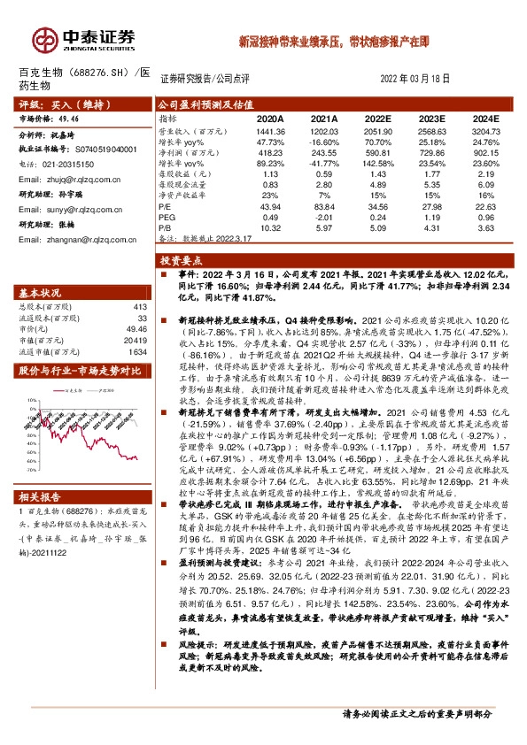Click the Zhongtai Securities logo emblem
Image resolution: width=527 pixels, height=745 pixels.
pyautogui.click(x=44, y=38)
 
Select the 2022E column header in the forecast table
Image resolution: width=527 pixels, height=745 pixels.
pyautogui.click(x=378, y=117)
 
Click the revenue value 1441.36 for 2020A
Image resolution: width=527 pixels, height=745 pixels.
pyautogui.click(x=269, y=130)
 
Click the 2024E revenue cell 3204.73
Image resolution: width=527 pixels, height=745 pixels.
pyautogui.click(x=486, y=130)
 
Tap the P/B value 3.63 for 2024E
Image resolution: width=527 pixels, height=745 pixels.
pyautogui.click(x=486, y=227)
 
